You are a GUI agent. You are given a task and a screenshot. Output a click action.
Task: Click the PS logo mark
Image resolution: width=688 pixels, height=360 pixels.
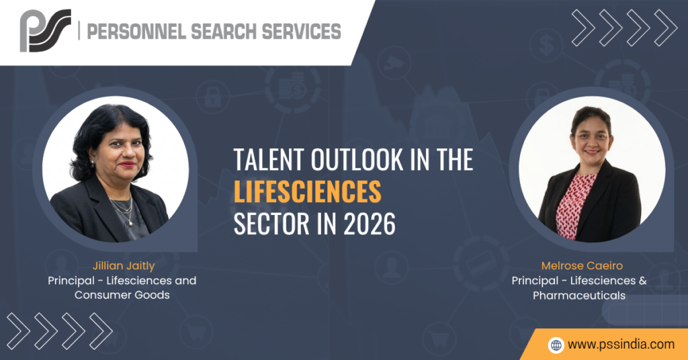(45, 30)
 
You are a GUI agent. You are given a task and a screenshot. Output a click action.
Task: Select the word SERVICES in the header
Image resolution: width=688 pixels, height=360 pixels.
(301, 32)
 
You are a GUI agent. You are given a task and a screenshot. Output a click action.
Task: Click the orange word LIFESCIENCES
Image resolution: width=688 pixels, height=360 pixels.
(307, 191)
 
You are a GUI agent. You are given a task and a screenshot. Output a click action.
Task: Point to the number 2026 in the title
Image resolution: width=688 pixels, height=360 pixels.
(369, 224)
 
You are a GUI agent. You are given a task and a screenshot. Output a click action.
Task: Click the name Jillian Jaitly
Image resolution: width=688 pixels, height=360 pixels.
(124, 266)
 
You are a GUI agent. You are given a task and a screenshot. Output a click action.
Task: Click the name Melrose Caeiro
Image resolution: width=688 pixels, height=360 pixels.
(582, 266)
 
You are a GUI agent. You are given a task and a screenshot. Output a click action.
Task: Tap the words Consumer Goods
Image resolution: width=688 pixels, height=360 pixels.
(122, 295)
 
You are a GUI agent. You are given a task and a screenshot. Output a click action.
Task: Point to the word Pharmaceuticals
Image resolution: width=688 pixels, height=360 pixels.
(579, 296)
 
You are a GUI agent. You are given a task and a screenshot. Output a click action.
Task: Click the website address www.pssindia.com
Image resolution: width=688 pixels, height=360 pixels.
(621, 344)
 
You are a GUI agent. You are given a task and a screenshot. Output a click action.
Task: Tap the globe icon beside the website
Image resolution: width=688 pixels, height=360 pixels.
(556, 345)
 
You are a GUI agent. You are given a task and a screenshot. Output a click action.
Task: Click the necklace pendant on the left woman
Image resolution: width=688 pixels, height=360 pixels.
(130, 224)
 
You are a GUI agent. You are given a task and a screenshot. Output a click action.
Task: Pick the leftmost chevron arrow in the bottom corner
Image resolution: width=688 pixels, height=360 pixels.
(18, 331)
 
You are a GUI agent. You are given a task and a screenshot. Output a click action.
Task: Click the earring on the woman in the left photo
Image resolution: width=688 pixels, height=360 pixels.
(93, 165)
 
